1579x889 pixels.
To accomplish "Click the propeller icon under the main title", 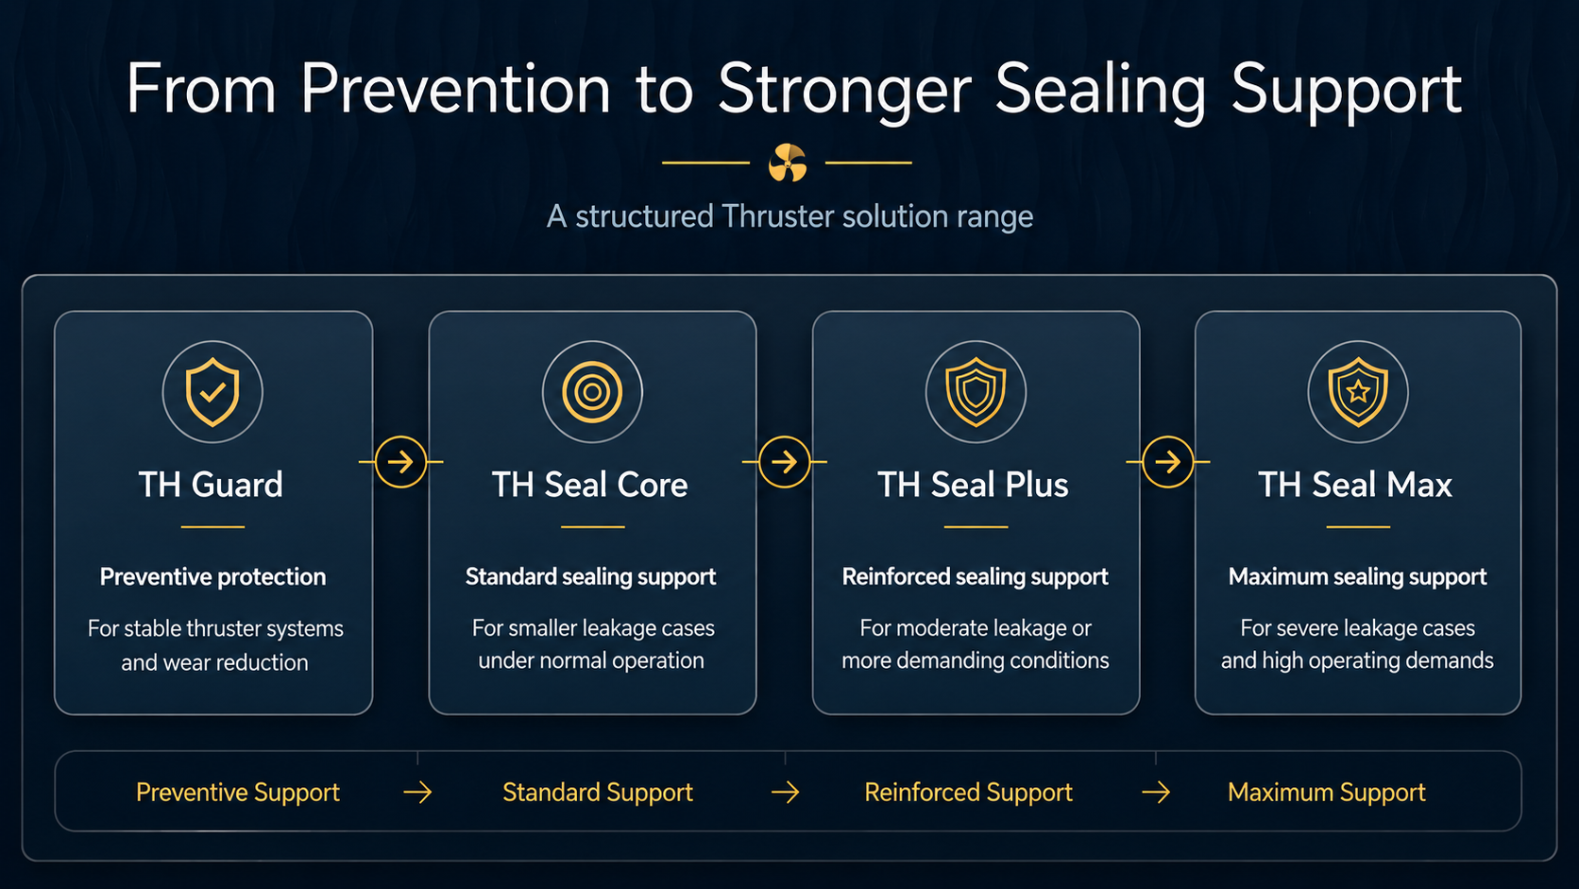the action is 788,162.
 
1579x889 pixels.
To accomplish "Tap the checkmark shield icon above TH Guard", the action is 212,392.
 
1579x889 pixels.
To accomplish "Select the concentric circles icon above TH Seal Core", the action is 592,392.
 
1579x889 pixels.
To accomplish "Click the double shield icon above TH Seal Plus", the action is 976,392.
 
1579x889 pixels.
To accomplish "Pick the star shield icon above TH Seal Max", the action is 1358,392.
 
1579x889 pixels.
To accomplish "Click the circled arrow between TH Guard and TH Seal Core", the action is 400,462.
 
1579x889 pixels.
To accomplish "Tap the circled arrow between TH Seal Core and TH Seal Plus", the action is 784,462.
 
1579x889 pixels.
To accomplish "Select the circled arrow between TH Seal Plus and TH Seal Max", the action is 1167,462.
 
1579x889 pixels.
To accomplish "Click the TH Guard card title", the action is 211,485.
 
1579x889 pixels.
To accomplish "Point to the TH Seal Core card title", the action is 589,485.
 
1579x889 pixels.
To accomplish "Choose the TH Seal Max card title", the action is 1355,485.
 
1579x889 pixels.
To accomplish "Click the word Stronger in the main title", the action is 844,91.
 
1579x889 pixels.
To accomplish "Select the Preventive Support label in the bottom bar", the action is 238,793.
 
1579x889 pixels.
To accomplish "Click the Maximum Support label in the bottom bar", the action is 1327,793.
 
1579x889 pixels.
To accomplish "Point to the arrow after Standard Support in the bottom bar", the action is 785,793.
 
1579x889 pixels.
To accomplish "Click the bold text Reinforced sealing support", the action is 975,576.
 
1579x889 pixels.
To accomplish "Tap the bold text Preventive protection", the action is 212,576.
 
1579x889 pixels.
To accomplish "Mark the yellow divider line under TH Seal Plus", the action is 976,526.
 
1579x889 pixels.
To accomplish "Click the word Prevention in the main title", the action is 455,89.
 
